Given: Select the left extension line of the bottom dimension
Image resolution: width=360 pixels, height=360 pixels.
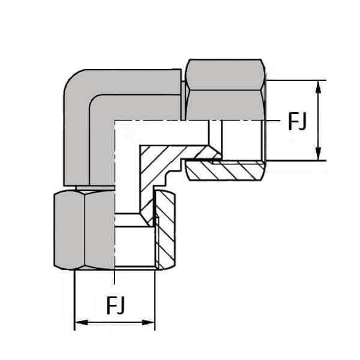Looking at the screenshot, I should pos(74,300).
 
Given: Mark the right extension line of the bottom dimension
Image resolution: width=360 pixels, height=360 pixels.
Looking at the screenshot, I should pos(155,300).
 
